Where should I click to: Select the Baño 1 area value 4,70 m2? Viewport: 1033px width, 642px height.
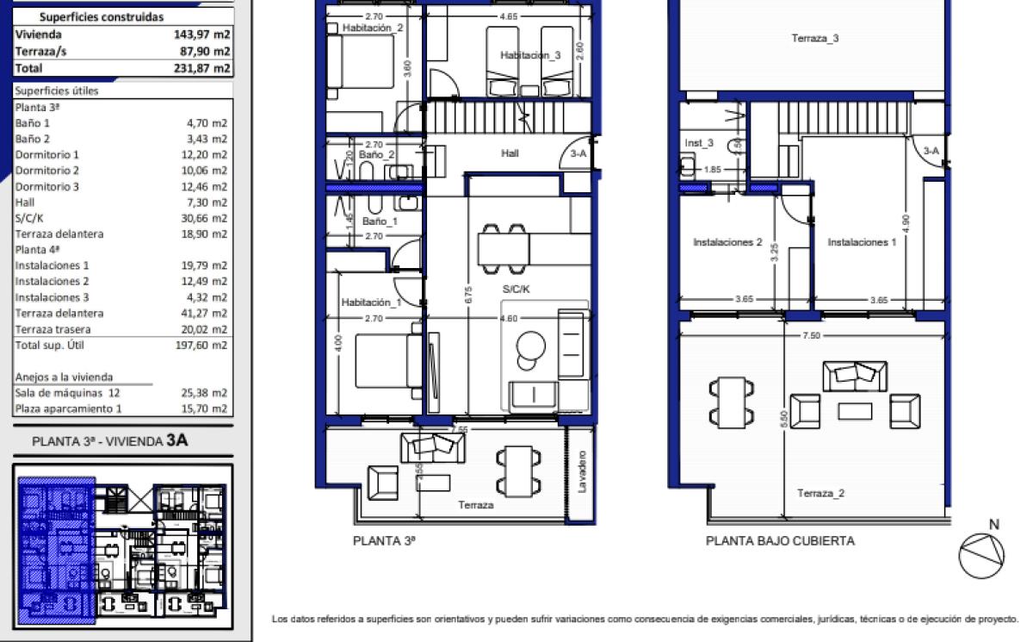coord(207,123)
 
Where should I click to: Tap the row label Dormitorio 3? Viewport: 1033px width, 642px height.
coord(47,186)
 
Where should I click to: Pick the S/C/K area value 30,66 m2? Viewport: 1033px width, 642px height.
coord(205,218)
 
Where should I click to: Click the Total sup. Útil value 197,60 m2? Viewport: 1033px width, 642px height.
coord(203,345)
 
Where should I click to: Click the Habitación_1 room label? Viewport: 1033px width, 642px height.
coord(371,302)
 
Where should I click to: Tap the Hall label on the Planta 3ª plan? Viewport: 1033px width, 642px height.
coord(510,153)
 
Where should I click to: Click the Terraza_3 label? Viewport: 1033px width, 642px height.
coord(815,38)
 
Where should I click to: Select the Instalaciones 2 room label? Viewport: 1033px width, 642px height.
coord(727,242)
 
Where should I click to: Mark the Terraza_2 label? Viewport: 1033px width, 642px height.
coord(820,493)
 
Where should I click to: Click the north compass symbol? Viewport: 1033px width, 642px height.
coord(981,552)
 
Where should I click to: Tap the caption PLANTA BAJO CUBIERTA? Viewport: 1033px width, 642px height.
coord(780,541)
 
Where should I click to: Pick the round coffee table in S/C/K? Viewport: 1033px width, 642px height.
coord(531,346)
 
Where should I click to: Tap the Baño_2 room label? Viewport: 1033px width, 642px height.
coord(376,155)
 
